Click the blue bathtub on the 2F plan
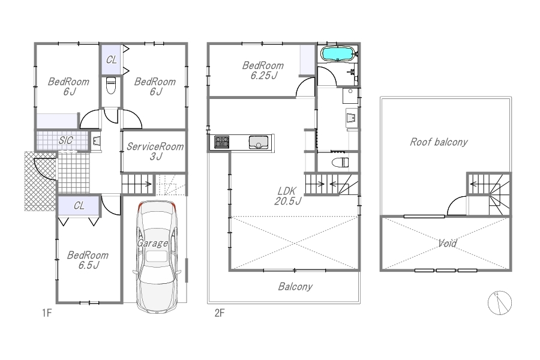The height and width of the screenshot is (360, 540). click(337, 54)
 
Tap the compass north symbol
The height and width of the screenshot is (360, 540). click(499, 303)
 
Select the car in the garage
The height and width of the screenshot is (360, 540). click(157, 257)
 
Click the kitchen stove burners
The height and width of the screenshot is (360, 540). click(221, 142)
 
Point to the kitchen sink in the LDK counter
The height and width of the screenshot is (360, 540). click(259, 142)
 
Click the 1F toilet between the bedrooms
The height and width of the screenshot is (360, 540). click(110, 85)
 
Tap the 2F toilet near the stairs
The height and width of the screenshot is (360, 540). click(340, 162)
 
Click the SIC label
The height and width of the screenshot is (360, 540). click(65, 140)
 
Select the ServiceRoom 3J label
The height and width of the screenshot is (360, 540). click(155, 151)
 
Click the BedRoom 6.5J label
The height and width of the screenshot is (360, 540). click(88, 260)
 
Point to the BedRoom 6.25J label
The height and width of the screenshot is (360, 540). click(263, 70)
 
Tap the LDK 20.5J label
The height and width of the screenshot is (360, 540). click(288, 196)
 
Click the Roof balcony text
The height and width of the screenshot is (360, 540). click(439, 142)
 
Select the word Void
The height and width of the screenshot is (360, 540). click(448, 243)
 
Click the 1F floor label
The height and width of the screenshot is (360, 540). click(47, 313)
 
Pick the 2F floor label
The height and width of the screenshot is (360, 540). click(220, 313)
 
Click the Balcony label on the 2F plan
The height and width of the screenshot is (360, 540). click(295, 287)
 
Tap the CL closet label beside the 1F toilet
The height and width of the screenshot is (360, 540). click(111, 60)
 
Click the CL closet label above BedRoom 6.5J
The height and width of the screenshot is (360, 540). click(79, 206)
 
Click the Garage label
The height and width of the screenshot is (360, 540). click(152, 244)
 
